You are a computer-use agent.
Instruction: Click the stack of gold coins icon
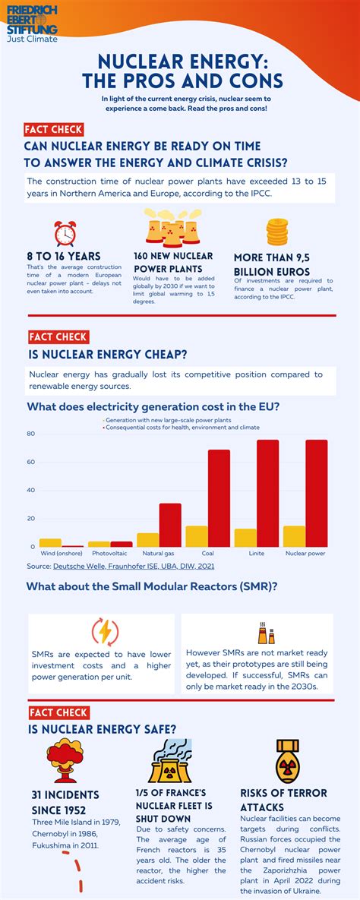click(x=276, y=232)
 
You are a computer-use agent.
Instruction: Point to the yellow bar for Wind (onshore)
click(x=50, y=542)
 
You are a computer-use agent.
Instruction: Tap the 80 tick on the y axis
click(x=31, y=434)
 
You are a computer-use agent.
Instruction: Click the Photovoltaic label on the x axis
click(x=109, y=554)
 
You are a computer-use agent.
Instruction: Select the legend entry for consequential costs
click(x=182, y=427)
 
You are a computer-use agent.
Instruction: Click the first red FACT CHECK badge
click(x=53, y=130)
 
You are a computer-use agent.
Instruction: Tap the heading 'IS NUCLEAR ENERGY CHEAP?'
click(x=107, y=353)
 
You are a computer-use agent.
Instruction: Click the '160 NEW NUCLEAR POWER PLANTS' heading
click(x=173, y=262)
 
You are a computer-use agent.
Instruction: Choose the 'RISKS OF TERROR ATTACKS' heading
click(x=283, y=800)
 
